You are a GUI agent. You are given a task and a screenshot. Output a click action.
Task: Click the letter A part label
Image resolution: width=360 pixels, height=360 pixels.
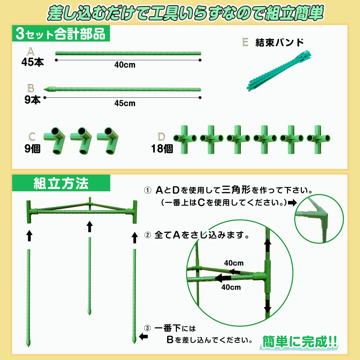tap(30, 52)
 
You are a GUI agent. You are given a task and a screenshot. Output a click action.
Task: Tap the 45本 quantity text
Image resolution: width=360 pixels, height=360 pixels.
tap(32, 62)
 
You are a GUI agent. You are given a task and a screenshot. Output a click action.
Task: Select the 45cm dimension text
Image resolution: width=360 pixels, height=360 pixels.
tap(125, 103)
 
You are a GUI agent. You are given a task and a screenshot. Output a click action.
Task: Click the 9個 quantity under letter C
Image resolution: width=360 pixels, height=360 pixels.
tap(32, 149)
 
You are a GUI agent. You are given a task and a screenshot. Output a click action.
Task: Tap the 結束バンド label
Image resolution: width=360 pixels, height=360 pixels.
tap(279, 43)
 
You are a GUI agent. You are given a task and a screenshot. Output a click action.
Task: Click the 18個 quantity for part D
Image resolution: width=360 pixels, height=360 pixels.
tap(162, 149)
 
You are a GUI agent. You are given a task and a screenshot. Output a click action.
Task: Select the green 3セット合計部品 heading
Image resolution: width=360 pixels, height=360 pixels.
tap(61, 33)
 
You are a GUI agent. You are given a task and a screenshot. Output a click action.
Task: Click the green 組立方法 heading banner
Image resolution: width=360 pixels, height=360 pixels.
tap(61, 183)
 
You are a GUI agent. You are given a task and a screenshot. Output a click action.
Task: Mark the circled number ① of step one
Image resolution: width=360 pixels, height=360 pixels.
tap(148, 190)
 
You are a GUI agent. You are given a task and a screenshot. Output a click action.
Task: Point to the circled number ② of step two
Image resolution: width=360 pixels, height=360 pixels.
tap(148, 235)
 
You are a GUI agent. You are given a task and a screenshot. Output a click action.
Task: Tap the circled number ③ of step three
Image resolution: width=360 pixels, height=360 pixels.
tap(147, 328)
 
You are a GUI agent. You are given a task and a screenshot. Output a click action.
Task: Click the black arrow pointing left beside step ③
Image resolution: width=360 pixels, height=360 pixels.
tap(143, 337)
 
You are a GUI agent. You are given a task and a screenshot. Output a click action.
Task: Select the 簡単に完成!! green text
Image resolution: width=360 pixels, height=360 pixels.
tap(299, 342)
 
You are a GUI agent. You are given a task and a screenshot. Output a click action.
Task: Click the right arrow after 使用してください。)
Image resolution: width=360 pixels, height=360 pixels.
tap(292, 202)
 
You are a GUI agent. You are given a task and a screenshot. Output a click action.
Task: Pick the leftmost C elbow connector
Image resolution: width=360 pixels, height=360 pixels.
tap(55, 140)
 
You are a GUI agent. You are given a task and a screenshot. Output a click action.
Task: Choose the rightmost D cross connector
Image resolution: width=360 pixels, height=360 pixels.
tap(318, 139)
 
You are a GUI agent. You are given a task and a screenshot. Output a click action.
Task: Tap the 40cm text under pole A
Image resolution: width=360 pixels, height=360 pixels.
tap(125, 65)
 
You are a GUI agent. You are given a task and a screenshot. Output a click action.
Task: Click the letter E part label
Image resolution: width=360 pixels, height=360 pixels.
tap(245, 42)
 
